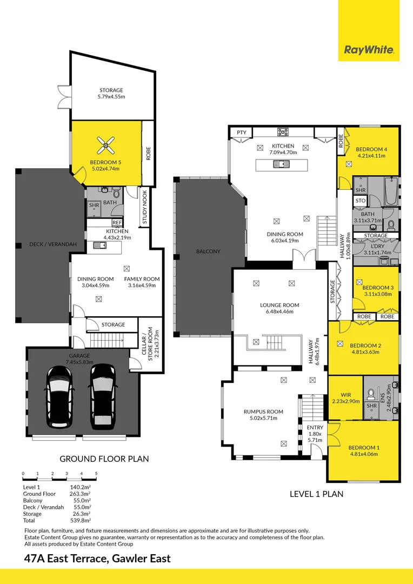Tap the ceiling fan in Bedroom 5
click(x=106, y=145)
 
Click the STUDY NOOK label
click(x=144, y=208)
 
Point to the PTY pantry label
click(x=241, y=132)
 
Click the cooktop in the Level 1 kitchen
click(x=283, y=132)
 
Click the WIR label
click(x=346, y=395)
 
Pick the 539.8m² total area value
click(x=81, y=520)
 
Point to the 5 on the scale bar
click(x=96, y=474)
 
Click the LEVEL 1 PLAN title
click(x=317, y=494)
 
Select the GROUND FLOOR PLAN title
click(x=104, y=459)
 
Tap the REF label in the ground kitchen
click(x=117, y=223)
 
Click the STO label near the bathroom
click(x=361, y=201)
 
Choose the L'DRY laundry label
click(x=378, y=246)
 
